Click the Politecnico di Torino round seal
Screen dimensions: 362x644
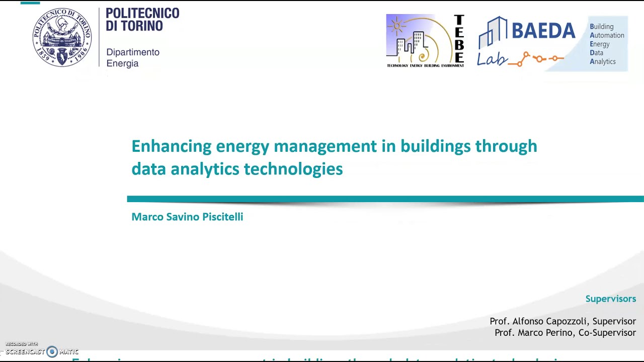click(62, 37)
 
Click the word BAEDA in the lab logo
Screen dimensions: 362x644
click(543, 31)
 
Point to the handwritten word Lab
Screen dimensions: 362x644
click(492, 59)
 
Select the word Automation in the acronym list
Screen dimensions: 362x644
click(607, 35)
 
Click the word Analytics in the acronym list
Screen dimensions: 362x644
click(603, 61)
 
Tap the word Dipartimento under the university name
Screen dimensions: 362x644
click(133, 52)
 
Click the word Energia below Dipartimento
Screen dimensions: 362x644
click(122, 63)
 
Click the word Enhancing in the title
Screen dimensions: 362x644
click(171, 146)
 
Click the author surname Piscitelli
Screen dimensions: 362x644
click(222, 217)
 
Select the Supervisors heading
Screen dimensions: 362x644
click(610, 299)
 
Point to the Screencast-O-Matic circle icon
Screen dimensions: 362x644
click(52, 352)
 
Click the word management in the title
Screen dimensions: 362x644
click(325, 146)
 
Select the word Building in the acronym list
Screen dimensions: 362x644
click(602, 27)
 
